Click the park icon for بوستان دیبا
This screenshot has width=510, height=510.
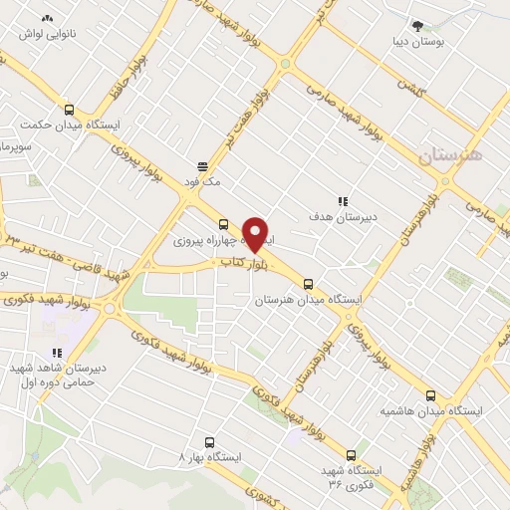419,27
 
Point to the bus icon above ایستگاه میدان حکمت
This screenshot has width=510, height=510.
69,111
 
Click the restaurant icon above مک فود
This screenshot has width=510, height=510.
202,166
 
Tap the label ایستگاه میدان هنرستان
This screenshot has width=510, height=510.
309,299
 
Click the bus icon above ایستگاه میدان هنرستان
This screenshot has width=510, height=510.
308,283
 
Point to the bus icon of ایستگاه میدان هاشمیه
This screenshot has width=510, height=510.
430,395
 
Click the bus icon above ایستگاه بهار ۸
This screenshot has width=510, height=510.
209,441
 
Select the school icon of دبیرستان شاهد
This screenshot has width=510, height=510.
58,352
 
